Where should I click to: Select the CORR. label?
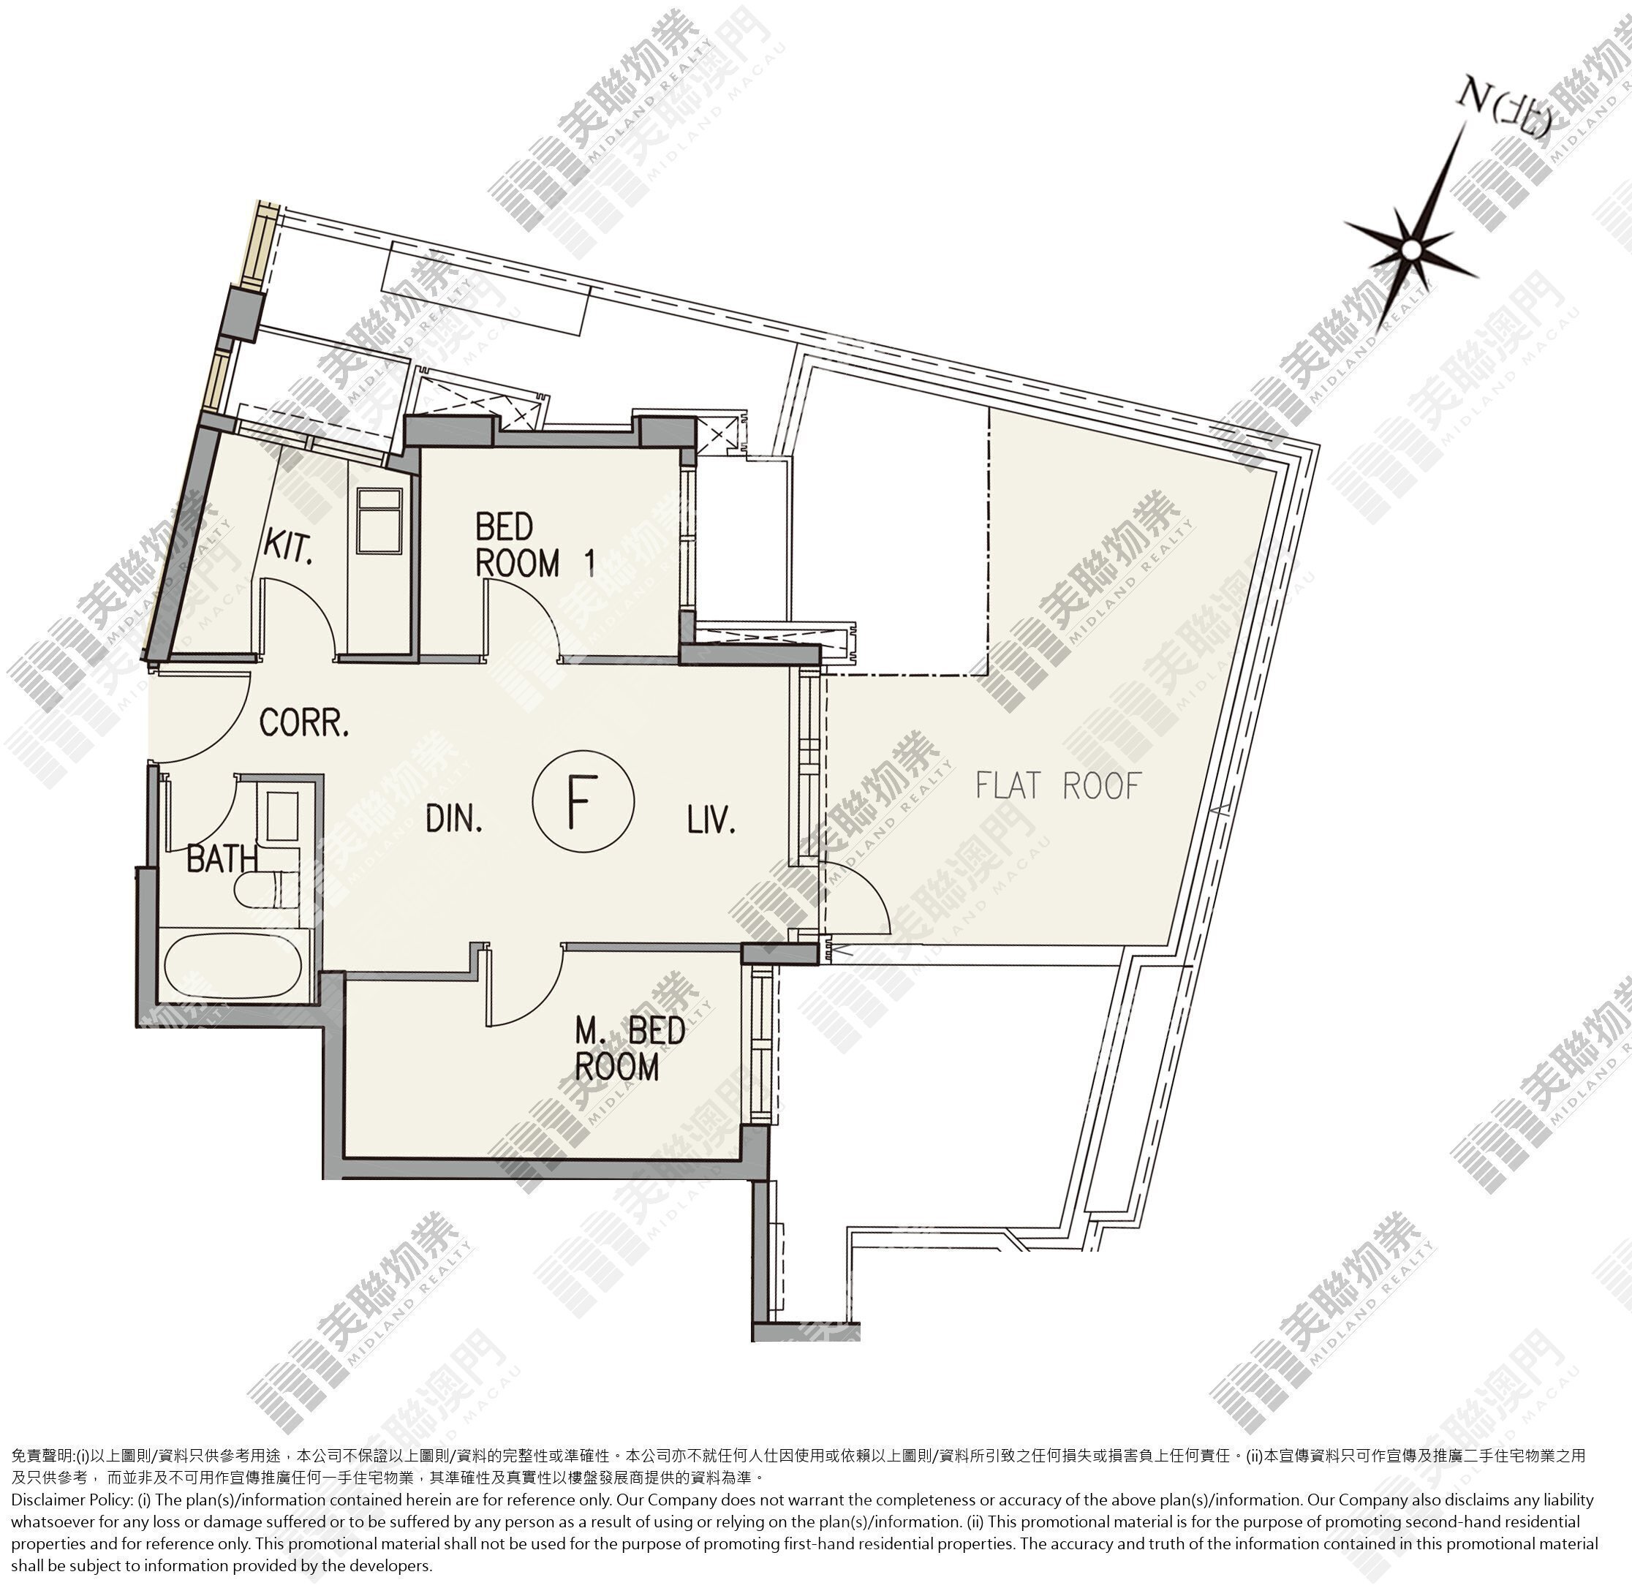(303, 722)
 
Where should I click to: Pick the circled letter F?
(583, 800)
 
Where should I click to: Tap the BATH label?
(221, 858)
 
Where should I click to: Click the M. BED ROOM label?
(630, 1049)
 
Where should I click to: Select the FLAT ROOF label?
(1057, 786)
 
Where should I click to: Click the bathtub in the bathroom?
(233, 964)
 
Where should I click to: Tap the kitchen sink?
(379, 521)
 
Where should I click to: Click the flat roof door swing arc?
(871, 897)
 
